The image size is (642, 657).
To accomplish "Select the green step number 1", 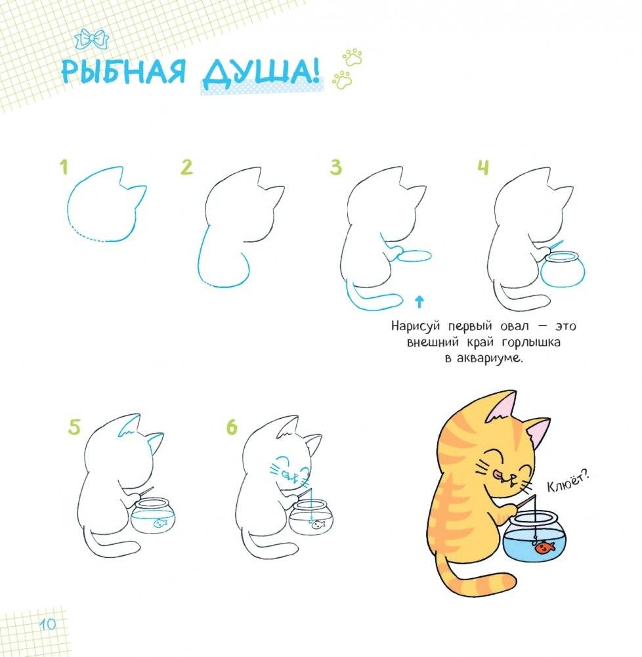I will point(64,168).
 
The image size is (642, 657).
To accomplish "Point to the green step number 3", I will point(336,168).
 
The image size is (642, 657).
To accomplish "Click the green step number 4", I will point(482,168).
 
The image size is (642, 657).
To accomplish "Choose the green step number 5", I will point(75,428).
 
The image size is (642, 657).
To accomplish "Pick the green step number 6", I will point(232,428).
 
